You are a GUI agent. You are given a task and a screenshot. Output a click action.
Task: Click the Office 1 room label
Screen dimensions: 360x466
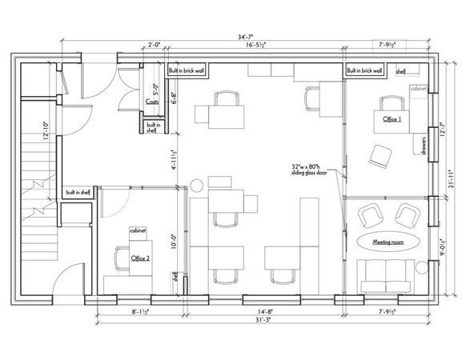(391, 118)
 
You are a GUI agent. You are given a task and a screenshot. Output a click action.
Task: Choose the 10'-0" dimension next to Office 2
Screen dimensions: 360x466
(174, 242)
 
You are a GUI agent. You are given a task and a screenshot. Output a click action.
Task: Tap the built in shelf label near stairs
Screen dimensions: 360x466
(82, 192)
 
